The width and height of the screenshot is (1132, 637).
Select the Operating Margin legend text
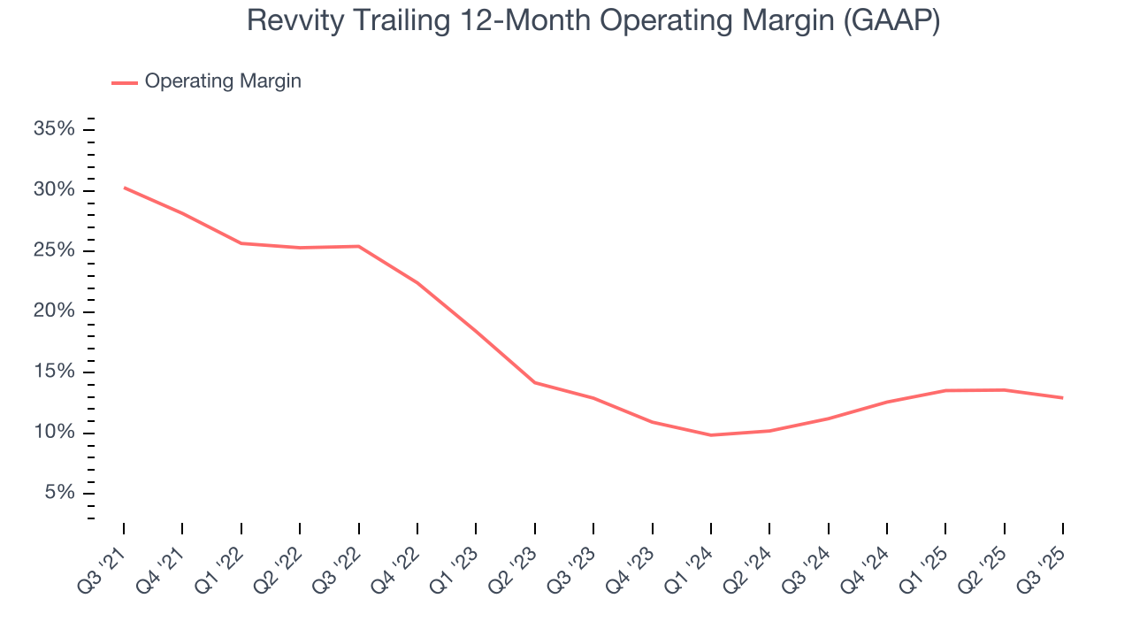click(223, 81)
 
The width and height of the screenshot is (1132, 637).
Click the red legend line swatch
click(124, 82)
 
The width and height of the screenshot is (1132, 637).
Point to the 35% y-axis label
click(54, 130)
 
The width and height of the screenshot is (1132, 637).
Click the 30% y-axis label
click(54, 190)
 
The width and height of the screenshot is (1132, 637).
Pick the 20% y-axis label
click(54, 311)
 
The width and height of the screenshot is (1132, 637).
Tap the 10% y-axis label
click(54, 433)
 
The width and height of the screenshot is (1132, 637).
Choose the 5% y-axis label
click(59, 493)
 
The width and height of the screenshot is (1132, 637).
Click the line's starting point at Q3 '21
click(124, 188)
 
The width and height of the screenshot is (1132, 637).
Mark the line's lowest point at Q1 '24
click(711, 435)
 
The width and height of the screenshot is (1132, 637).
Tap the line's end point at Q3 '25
click(1062, 398)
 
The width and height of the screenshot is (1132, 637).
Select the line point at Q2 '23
click(535, 382)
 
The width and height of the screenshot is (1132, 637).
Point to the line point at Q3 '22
click(359, 246)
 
